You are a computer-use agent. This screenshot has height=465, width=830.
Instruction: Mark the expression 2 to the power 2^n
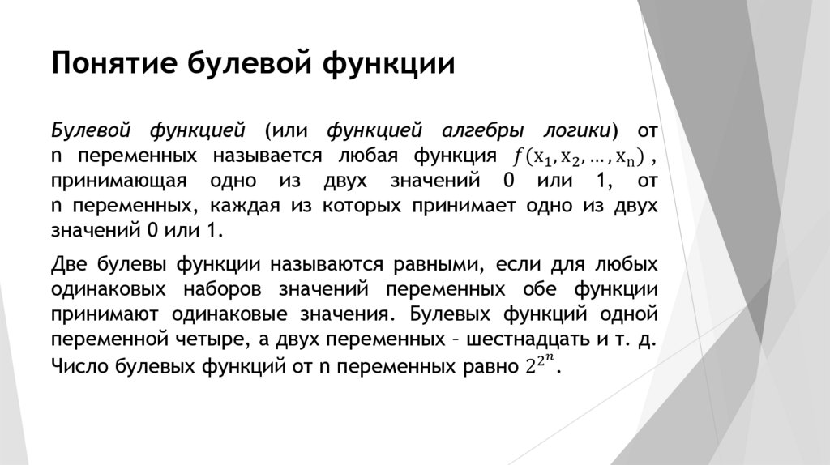pos(537,364)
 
